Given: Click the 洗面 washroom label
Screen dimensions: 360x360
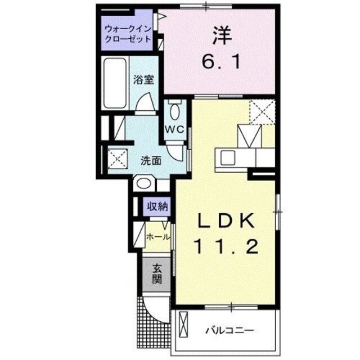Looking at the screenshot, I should tap(151, 160).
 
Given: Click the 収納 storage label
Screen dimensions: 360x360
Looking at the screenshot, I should tap(157, 206).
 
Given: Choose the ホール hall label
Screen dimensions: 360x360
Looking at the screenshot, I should tap(157, 237).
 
